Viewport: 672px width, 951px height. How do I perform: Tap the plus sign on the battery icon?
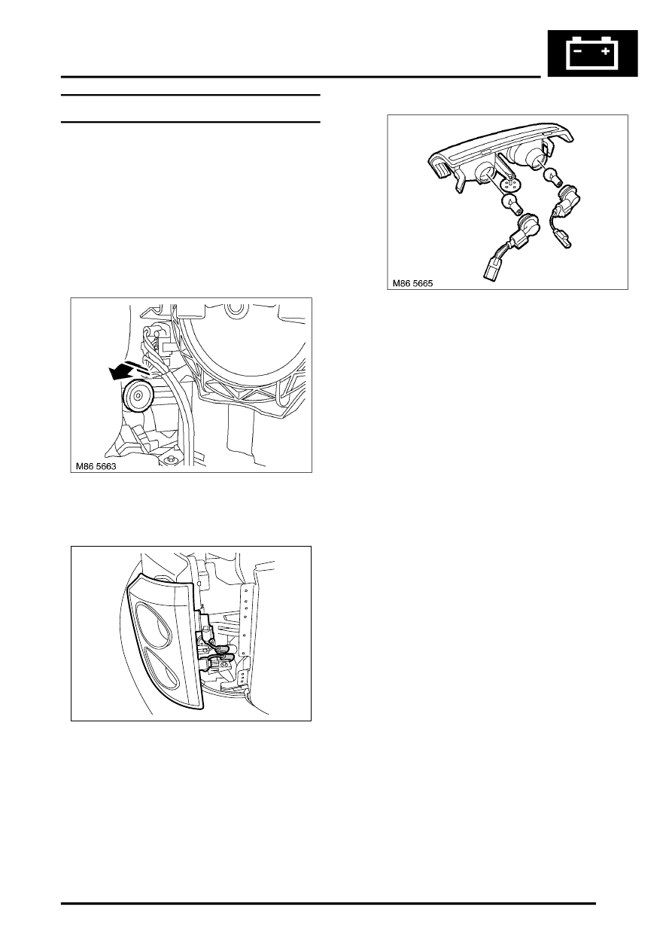click(x=605, y=51)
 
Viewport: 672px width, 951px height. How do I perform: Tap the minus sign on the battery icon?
click(x=578, y=51)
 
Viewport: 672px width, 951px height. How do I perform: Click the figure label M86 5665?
click(x=412, y=283)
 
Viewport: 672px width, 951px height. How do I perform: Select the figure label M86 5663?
click(x=96, y=466)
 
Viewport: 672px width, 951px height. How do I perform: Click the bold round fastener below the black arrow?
click(x=137, y=395)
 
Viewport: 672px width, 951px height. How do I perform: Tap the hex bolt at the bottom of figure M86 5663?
click(x=172, y=459)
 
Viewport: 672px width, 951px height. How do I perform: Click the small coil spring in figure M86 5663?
click(x=158, y=345)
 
